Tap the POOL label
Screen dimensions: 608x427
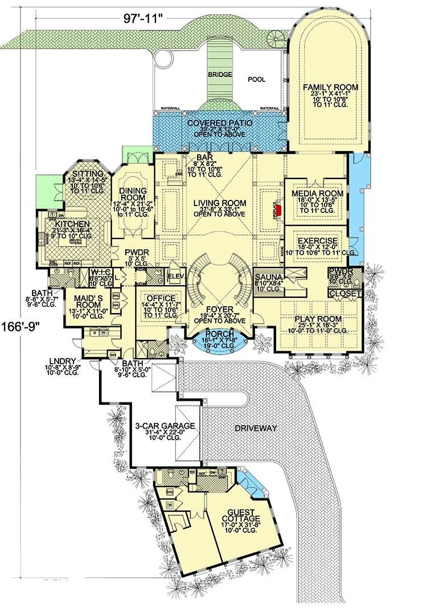(256, 80)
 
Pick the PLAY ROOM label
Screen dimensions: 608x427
(318, 319)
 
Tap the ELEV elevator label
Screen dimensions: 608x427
(174, 277)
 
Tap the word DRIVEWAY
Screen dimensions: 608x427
(254, 428)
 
